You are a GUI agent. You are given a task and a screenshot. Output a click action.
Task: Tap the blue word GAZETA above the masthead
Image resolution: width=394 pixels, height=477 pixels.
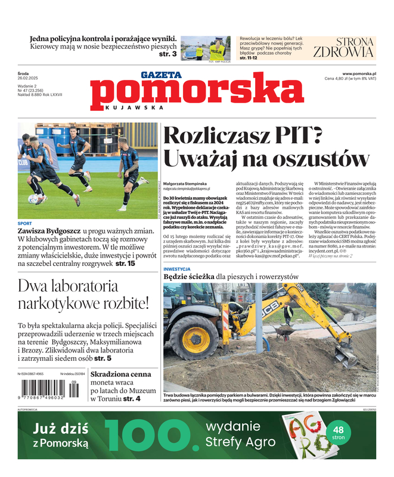pos(162,75)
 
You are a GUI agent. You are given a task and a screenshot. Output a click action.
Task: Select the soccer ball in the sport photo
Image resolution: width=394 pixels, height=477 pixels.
pos(33,199)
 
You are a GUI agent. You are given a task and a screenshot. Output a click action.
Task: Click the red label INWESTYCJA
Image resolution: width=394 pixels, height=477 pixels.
pos(177,268)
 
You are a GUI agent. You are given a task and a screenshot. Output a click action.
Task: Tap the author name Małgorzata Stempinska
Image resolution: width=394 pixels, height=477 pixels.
pos(185,184)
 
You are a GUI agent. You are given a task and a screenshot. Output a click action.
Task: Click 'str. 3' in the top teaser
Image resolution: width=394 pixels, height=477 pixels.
pos(167,54)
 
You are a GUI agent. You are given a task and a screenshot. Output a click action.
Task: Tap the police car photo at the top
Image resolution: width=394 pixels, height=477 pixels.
pos(205,48)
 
